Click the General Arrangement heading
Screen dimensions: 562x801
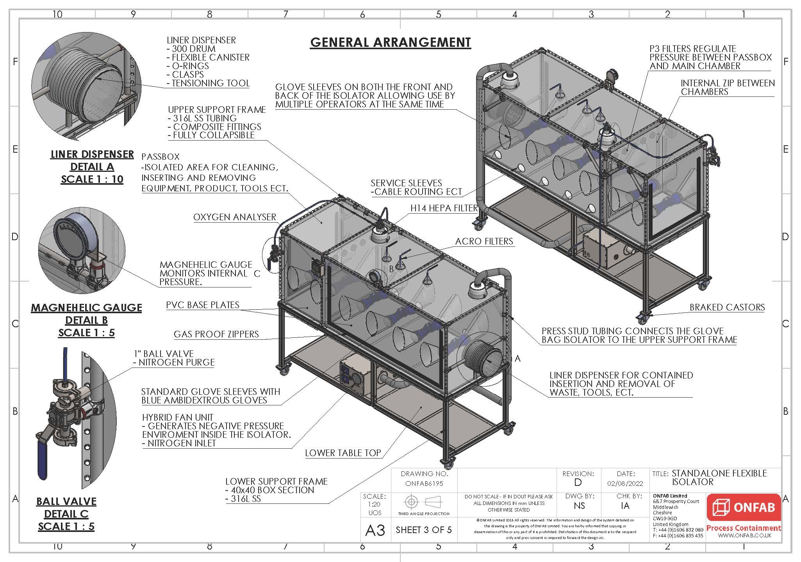[390, 42]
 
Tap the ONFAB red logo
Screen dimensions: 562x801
[744, 508]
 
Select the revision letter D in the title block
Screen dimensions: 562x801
[578, 483]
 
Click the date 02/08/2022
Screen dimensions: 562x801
[625, 483]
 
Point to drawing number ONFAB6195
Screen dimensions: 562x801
[424, 483]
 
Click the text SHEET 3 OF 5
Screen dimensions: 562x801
[423, 530]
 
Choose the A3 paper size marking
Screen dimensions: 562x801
[375, 530]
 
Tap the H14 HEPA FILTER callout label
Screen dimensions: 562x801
[444, 208]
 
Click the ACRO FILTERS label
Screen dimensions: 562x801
[484, 241]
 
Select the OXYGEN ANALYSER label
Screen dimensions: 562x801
[235, 217]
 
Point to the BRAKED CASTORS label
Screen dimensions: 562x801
[727, 307]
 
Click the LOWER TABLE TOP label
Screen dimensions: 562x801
[343, 453]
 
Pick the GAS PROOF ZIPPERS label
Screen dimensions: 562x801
[216, 334]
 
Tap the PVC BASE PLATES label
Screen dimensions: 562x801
[202, 305]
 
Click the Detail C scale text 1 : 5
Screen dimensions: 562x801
[66, 526]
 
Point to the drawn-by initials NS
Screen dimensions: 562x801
[579, 506]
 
